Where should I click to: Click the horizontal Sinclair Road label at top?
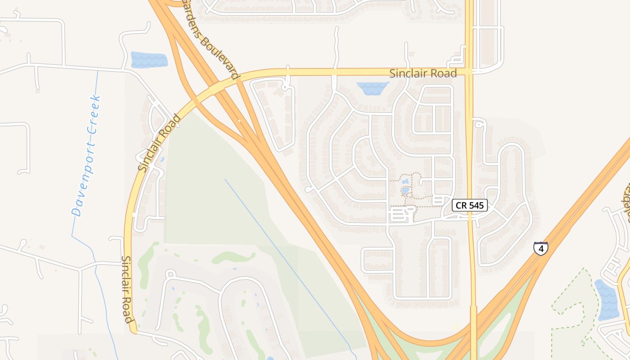pyautogui.click(x=423, y=73)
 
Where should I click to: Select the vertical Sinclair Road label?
pyautogui.click(x=127, y=289)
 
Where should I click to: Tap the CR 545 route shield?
pyautogui.click(x=470, y=205)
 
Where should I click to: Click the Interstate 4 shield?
pyautogui.click(x=541, y=248)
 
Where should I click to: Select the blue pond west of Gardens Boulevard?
pyautogui.click(x=149, y=60)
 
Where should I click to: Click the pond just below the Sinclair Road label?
pyautogui.click(x=372, y=88)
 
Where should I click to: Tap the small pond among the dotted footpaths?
pyautogui.click(x=405, y=190)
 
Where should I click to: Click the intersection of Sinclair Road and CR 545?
pyautogui.click(x=470, y=72)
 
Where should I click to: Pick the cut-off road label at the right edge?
pyautogui.click(x=626, y=202)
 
